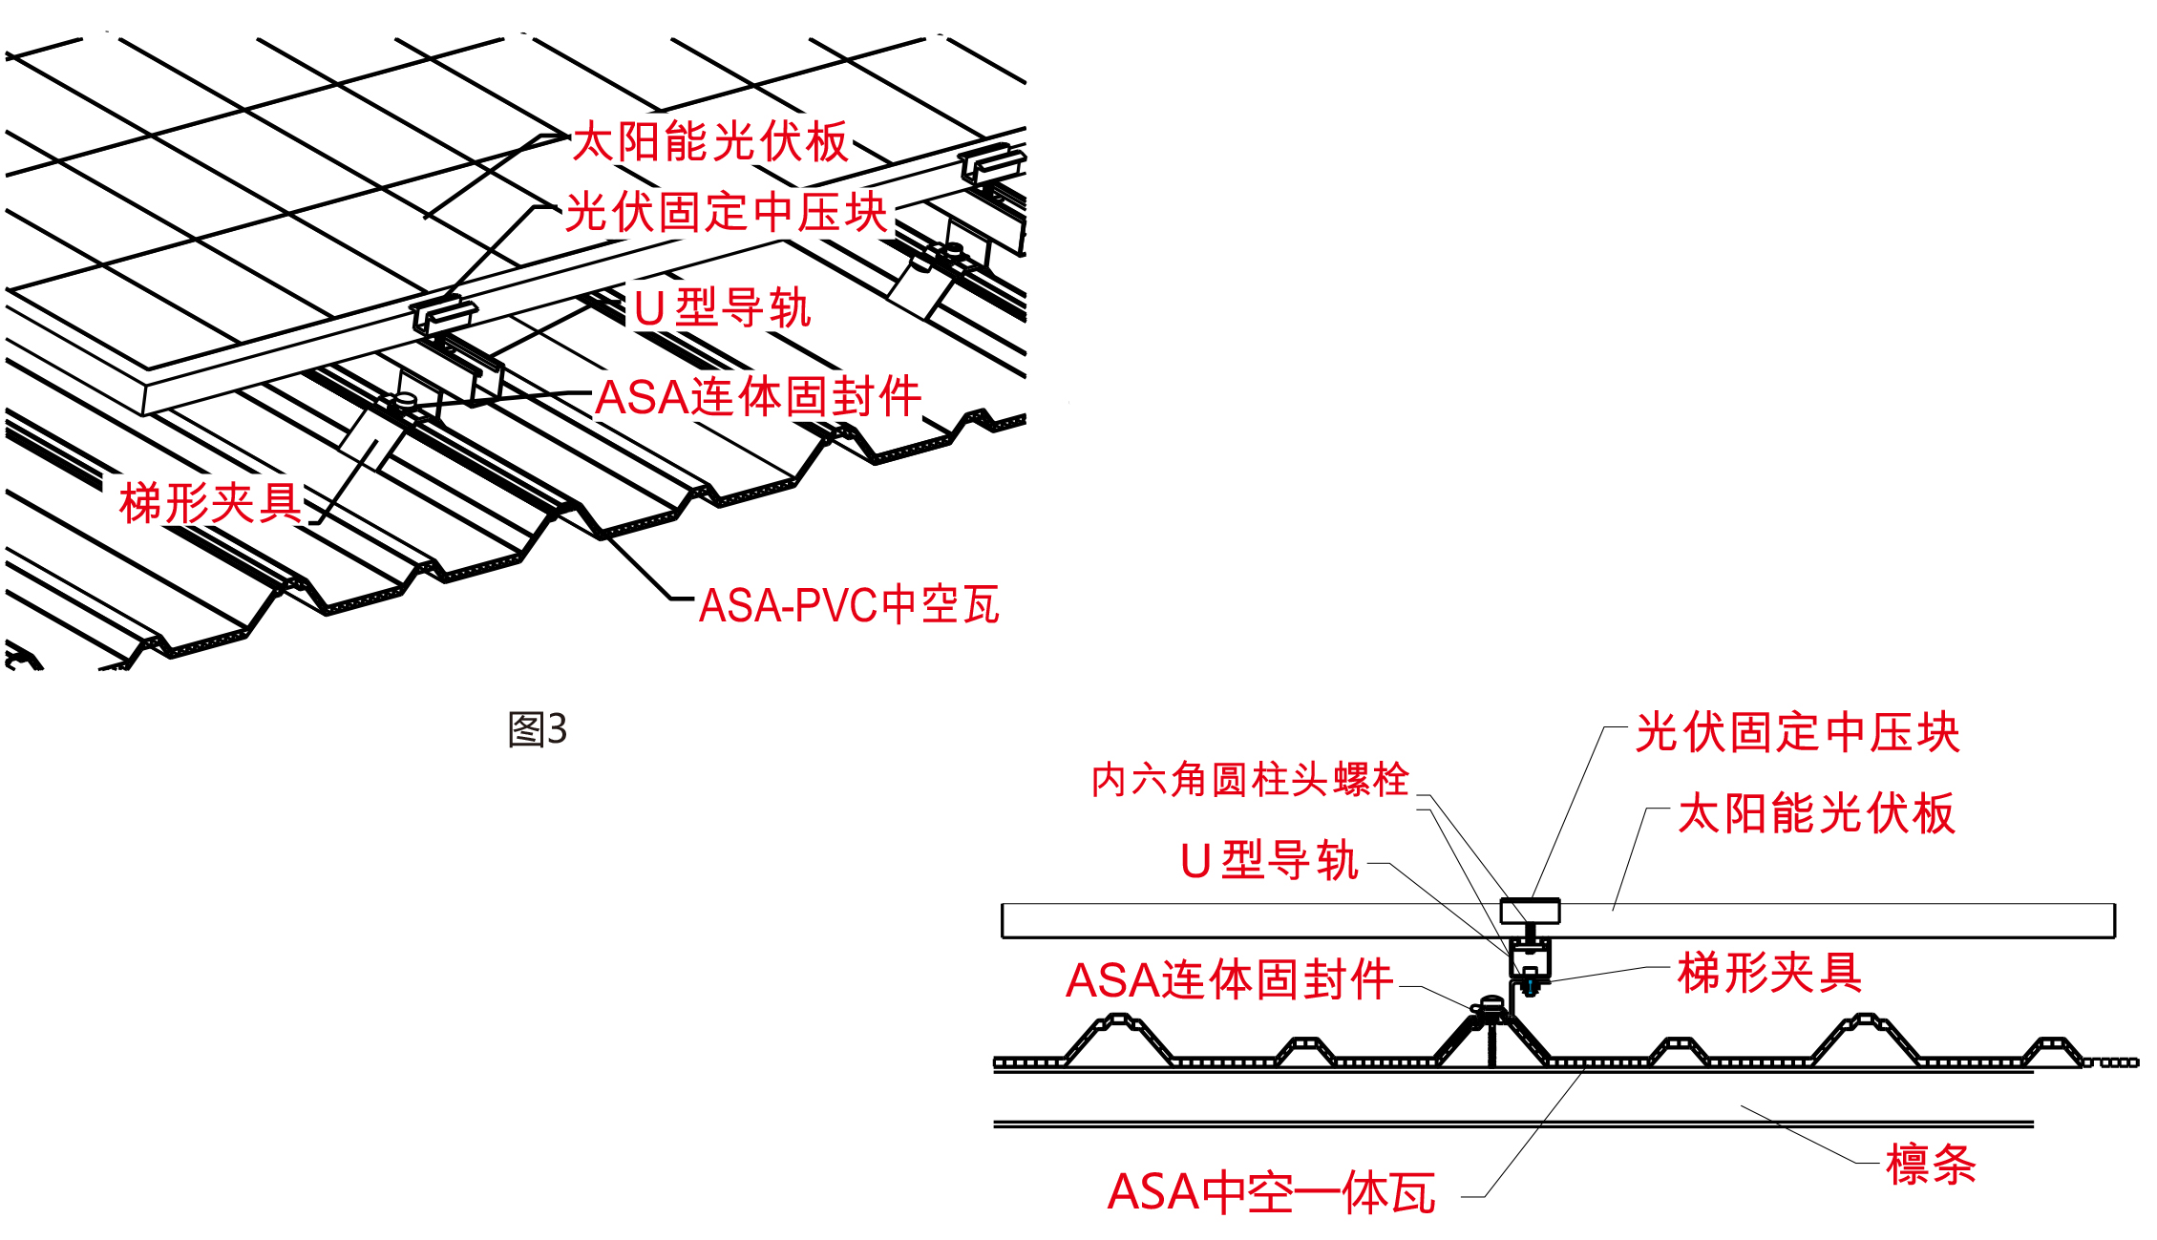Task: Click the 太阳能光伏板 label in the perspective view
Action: click(x=709, y=142)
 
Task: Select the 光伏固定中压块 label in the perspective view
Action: click(x=726, y=212)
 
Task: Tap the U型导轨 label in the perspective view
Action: click(x=722, y=308)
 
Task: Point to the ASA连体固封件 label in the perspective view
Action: click(x=758, y=397)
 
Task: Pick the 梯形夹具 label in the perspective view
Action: click(x=210, y=503)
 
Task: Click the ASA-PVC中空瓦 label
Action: click(x=849, y=605)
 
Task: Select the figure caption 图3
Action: click(x=538, y=730)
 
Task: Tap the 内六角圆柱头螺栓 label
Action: click(x=1250, y=780)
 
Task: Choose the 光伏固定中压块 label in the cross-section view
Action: click(x=1797, y=733)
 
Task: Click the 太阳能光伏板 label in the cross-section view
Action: click(x=1816, y=814)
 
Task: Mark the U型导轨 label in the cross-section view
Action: click(x=1269, y=861)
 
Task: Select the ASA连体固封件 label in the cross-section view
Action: click(x=1229, y=980)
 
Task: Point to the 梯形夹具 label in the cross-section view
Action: click(x=1769, y=974)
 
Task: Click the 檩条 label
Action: click(x=1931, y=1166)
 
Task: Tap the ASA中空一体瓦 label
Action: click(x=1271, y=1193)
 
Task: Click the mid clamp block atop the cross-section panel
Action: click(x=1530, y=911)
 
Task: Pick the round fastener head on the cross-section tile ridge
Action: click(x=1491, y=1004)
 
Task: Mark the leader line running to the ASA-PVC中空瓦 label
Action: click(x=638, y=568)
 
